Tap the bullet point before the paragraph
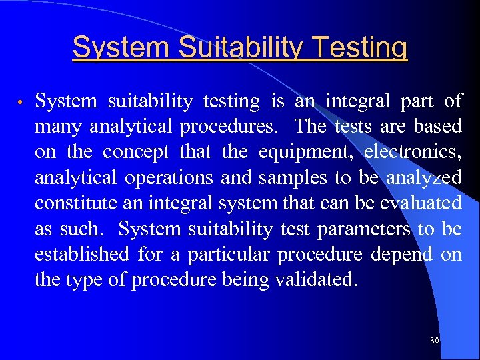click(21, 103)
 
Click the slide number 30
click(435, 341)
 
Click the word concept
click(136, 152)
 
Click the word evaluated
click(420, 203)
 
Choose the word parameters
click(364, 229)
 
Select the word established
click(82, 254)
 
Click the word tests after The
click(353, 127)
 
